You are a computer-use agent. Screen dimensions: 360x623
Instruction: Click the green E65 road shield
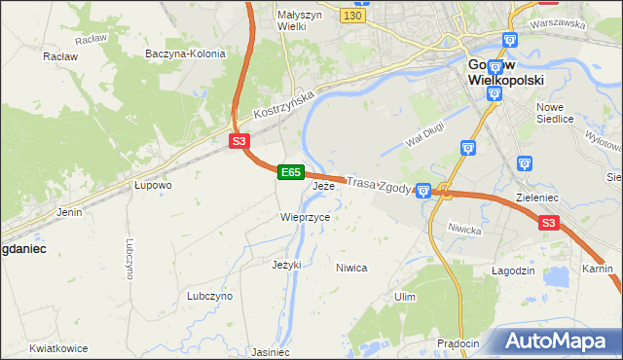coord(289,172)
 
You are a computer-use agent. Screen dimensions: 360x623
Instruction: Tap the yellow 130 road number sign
coord(353,17)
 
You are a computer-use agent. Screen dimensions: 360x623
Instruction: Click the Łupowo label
coord(153,185)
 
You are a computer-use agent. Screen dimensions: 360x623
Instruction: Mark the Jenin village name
coord(69,211)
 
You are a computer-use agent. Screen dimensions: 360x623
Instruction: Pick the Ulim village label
coord(405,297)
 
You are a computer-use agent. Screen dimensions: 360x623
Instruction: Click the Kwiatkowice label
coord(58,348)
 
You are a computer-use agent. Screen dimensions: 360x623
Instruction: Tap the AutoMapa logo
coord(555,342)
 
